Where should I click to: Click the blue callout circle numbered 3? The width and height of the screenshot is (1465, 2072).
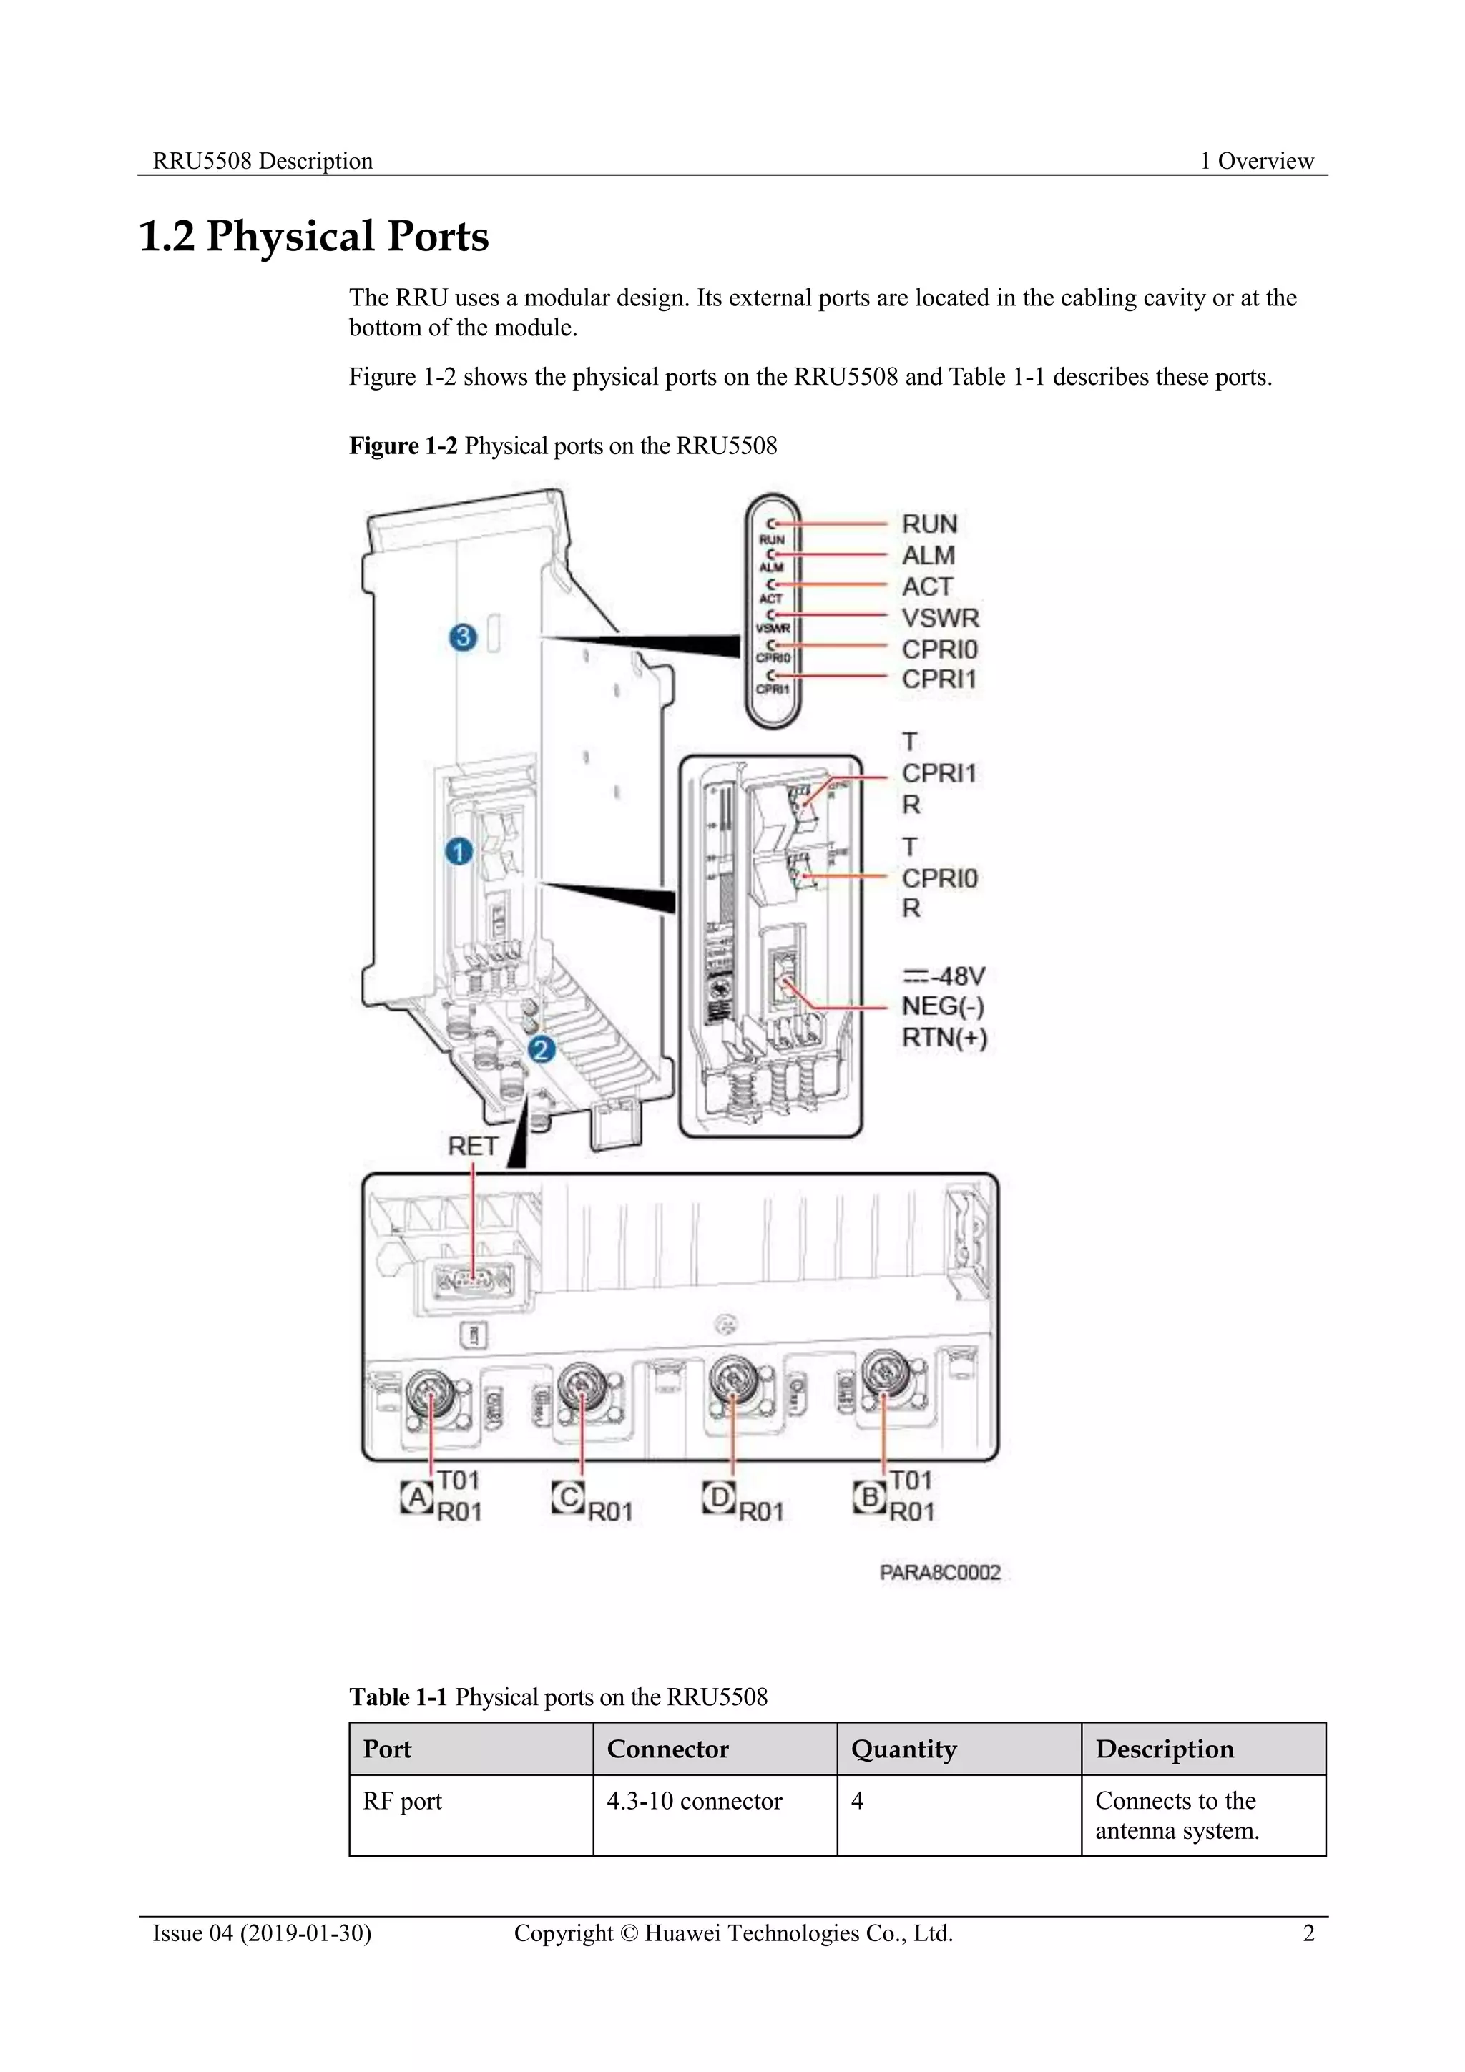463,637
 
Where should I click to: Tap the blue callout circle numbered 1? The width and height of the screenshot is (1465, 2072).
459,851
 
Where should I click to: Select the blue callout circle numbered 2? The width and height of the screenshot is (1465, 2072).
542,1049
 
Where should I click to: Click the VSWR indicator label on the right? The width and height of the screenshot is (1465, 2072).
940,618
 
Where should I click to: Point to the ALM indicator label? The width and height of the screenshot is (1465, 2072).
928,555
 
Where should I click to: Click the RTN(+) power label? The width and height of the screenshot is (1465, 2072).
944,1038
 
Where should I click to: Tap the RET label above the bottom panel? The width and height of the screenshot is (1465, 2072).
473,1146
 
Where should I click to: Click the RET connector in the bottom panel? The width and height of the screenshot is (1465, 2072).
473,1280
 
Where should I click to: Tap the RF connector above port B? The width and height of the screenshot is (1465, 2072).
883,1375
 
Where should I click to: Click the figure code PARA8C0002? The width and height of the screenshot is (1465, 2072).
940,1573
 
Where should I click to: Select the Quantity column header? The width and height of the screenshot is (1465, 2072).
903,1749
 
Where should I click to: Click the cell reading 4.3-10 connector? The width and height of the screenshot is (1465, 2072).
694,1801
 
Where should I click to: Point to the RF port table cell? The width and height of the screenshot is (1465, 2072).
403,1801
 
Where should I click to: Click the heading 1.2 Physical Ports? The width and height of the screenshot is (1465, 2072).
313,237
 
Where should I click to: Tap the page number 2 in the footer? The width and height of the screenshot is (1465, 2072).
1308,1933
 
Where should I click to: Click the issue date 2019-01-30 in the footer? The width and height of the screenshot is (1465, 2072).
305,1933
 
